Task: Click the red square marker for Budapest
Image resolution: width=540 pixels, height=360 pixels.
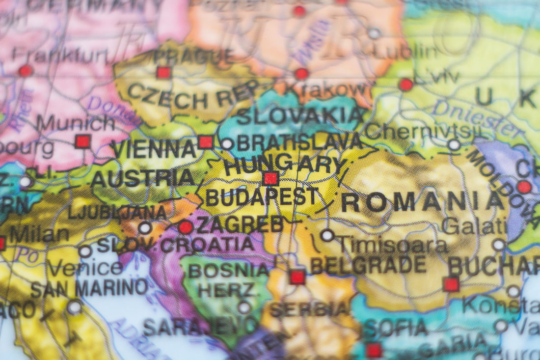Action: pos(271,178)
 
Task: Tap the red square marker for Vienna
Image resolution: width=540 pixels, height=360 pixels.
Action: pos(206,142)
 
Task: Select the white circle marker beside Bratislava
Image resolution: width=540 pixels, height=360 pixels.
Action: pos(227,144)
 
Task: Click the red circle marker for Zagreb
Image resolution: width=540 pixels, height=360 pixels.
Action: pos(186,227)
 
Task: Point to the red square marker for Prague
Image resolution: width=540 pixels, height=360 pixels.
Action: pos(163,73)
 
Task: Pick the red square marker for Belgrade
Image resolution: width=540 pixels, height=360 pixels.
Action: pos(297,277)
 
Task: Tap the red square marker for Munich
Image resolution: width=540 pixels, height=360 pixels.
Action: pos(83,141)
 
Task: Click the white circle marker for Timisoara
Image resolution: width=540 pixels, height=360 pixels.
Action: pos(327,235)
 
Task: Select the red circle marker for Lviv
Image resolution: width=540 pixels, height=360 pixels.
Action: pos(406,84)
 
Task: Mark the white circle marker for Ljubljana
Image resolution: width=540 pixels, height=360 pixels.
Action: pos(145,227)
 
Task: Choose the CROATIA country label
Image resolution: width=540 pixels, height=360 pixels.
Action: pos(208,245)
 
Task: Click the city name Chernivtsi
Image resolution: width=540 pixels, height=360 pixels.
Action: pos(421,131)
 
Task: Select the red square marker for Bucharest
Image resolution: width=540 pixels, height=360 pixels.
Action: pos(451,284)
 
